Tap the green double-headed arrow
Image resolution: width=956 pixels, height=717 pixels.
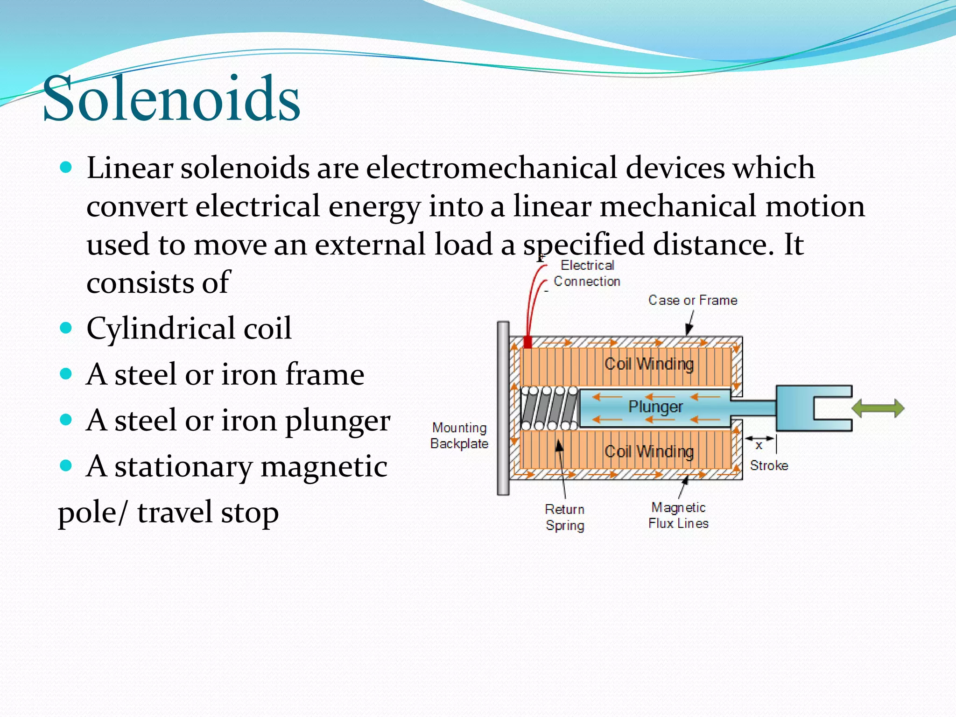tap(878, 408)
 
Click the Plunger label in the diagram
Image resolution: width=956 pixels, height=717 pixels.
tap(655, 407)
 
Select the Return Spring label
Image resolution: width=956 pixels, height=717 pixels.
tap(565, 517)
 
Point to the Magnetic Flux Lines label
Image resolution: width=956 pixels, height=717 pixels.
tap(678, 515)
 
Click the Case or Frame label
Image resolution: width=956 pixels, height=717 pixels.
tap(693, 300)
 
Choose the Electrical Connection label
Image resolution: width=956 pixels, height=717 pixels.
tap(587, 273)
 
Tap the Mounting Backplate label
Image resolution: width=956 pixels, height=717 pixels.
tap(459, 436)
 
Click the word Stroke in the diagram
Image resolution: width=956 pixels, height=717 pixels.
tap(769, 465)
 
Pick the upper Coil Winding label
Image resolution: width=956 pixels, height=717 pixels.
tap(649, 364)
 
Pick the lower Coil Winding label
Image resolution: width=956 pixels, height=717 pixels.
tap(649, 451)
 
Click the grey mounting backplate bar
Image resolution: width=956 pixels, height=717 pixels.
tap(503, 408)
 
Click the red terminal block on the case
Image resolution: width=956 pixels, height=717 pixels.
tap(527, 342)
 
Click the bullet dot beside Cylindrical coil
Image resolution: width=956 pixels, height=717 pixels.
tap(66, 328)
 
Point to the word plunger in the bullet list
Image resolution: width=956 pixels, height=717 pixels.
tap(337, 421)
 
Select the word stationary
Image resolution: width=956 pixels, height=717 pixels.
tap(183, 466)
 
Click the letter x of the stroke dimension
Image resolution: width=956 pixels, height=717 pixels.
tap(759, 445)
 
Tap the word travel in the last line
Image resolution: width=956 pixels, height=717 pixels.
tap(175, 513)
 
